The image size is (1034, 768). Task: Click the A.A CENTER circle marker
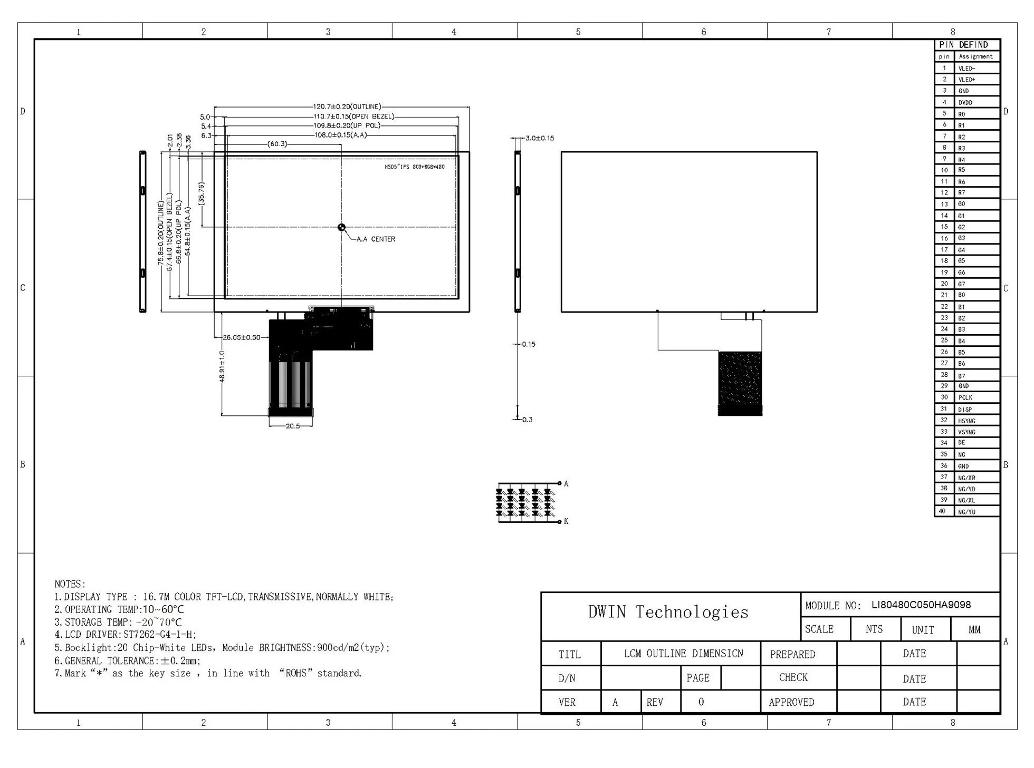click(341, 227)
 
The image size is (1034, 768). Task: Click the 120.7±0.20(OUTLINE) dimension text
click(347, 106)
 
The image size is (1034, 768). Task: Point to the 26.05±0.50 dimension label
click(241, 337)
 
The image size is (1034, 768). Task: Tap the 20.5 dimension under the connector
click(292, 426)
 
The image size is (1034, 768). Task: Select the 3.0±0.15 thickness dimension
click(539, 138)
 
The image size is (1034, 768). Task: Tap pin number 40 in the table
click(944, 511)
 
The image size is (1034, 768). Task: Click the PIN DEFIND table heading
click(963, 45)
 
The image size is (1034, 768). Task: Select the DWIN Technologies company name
click(668, 612)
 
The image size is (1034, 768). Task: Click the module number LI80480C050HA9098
click(921, 605)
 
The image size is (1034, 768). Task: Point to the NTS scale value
click(874, 629)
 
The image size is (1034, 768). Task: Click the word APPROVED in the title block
click(791, 702)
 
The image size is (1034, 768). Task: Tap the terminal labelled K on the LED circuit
click(566, 521)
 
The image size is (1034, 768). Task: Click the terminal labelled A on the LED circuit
click(566, 483)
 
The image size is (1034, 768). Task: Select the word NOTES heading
click(70, 584)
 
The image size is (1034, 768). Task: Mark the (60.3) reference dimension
click(277, 144)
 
